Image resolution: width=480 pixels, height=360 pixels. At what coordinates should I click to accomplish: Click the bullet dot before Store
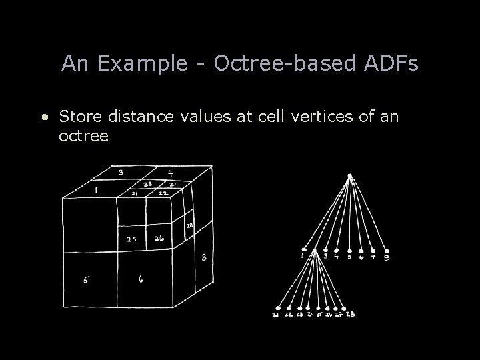click(44, 118)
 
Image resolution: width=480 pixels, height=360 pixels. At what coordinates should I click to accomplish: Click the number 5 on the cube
click(86, 281)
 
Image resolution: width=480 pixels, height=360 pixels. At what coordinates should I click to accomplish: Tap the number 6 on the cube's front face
click(141, 281)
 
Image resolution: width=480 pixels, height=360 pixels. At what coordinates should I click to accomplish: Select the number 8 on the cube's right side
click(203, 257)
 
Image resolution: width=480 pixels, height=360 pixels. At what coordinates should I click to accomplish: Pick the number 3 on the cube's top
click(121, 172)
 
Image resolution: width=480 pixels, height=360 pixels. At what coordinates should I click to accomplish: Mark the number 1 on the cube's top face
click(97, 190)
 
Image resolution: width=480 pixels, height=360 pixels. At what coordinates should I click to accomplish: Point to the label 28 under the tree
click(351, 313)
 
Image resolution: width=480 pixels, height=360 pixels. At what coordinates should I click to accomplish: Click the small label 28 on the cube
click(189, 227)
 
